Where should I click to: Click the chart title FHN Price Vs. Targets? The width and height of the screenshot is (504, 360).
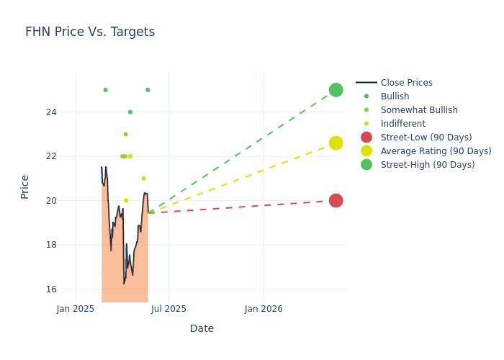click(x=90, y=32)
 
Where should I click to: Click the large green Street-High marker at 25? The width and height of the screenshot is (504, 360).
click(x=336, y=90)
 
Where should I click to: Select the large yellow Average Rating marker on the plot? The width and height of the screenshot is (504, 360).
click(x=336, y=143)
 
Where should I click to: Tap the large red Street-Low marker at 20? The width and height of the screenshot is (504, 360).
click(x=336, y=201)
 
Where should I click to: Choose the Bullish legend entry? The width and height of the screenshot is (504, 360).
click(x=395, y=96)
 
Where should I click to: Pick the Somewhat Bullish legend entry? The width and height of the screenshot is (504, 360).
click(x=419, y=110)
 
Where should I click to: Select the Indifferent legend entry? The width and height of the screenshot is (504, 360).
click(x=402, y=124)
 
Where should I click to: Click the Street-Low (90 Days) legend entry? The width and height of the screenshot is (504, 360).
click(x=426, y=138)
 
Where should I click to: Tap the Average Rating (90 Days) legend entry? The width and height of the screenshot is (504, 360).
click(x=436, y=151)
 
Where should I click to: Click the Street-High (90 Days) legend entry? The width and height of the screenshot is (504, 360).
click(x=428, y=165)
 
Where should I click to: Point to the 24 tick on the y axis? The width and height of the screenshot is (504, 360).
click(x=51, y=112)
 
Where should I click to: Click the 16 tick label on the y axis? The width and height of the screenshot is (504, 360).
click(x=51, y=289)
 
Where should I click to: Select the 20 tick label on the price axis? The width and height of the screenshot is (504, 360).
click(x=51, y=201)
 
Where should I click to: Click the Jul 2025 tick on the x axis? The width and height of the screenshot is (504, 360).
click(x=169, y=309)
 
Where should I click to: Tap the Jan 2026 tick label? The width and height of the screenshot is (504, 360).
click(x=264, y=309)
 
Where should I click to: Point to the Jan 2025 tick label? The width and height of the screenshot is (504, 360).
click(x=76, y=309)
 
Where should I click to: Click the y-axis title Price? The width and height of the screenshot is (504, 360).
click(x=25, y=186)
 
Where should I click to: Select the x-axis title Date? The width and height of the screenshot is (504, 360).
click(x=202, y=328)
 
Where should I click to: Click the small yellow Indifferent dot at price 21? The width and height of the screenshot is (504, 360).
click(x=143, y=179)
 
